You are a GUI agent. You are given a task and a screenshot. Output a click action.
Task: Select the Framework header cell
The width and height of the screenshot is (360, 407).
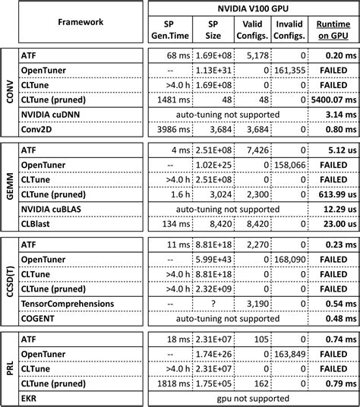click(80, 22)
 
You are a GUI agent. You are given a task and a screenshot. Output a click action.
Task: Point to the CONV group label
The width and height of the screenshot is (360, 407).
click(10, 90)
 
